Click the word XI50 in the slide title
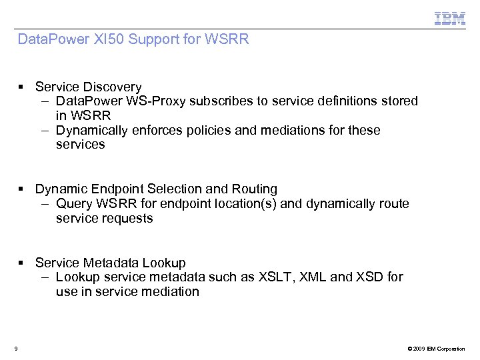[109, 39]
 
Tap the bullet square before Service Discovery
[22, 87]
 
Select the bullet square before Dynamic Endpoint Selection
[22, 189]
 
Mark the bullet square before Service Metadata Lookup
[22, 263]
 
